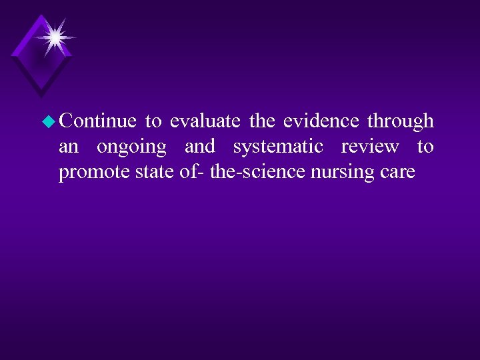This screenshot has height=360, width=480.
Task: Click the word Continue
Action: [97, 121]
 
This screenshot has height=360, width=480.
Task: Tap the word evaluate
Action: [205, 121]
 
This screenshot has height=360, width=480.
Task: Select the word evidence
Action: [321, 121]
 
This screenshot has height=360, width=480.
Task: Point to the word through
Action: [400, 121]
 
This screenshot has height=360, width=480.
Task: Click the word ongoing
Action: [131, 147]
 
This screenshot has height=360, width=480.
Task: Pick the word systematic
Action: [278, 147]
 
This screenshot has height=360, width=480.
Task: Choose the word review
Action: [370, 147]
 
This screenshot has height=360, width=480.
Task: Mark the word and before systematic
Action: [199, 147]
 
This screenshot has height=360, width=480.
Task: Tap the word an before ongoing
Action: [69, 147]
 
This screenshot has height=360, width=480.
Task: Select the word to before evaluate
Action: [153, 122]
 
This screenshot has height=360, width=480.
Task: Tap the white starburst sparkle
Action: [53, 37]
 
